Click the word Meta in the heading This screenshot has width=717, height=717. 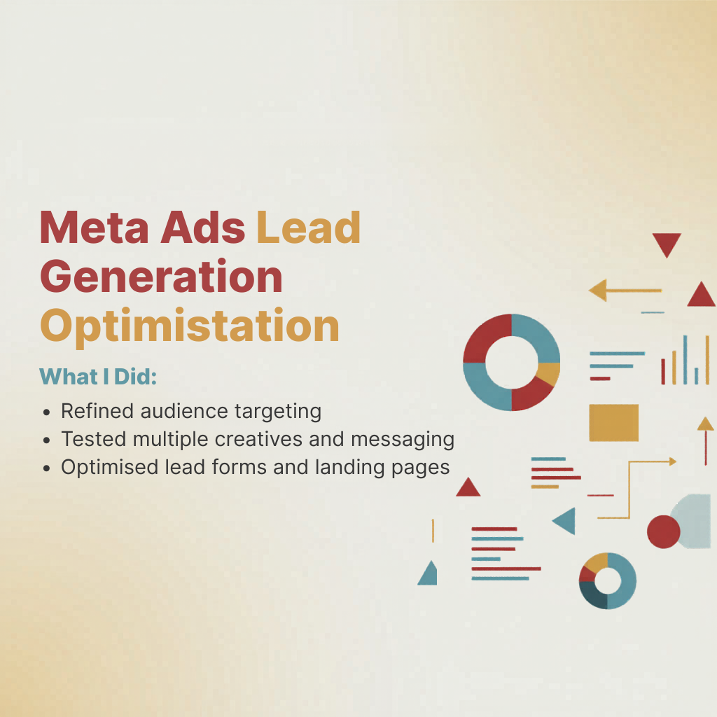95,228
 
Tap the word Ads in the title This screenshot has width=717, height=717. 202,228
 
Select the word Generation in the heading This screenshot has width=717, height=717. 162,276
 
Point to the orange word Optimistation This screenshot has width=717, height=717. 190,326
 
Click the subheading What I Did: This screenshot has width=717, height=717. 98,377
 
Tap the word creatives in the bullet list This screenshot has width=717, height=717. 258,439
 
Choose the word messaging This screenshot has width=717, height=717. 403,440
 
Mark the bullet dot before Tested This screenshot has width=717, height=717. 46,440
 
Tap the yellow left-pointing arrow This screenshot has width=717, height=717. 625,291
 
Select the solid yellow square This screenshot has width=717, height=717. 613,422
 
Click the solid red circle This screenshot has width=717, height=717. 664,532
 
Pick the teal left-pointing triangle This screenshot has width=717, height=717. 564,521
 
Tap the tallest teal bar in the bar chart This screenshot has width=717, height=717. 685,360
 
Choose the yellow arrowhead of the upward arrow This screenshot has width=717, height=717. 706,424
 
